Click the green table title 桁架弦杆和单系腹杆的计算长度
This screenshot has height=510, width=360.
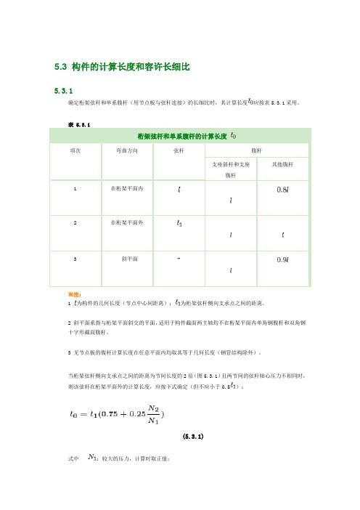[181, 136]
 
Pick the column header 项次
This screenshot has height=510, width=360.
[75, 152]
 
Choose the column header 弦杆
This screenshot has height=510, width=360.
[179, 152]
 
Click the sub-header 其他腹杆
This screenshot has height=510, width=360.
[282, 165]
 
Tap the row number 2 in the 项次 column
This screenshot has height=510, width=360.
[75, 222]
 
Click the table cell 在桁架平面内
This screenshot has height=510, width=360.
[127, 188]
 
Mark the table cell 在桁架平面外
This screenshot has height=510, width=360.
[127, 222]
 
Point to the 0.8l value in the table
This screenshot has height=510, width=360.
[281, 191]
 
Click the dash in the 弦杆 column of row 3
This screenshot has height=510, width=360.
[179, 257]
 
